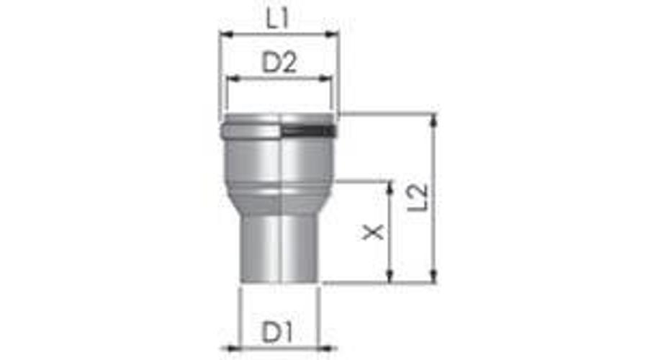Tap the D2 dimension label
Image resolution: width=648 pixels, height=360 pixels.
279,65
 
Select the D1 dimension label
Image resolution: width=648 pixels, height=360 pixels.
276,333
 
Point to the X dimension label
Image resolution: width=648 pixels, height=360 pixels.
373,232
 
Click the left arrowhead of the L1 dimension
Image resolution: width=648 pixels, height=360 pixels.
224,33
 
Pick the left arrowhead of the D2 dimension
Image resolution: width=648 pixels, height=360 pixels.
231,79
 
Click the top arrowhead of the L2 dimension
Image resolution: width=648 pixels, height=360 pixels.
433,120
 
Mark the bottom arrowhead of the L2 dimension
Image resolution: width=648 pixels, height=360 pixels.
433,277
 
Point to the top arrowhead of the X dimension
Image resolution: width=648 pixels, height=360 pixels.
390,186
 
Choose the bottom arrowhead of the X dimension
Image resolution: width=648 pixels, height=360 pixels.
390,277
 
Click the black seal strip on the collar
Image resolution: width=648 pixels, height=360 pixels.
307,132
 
